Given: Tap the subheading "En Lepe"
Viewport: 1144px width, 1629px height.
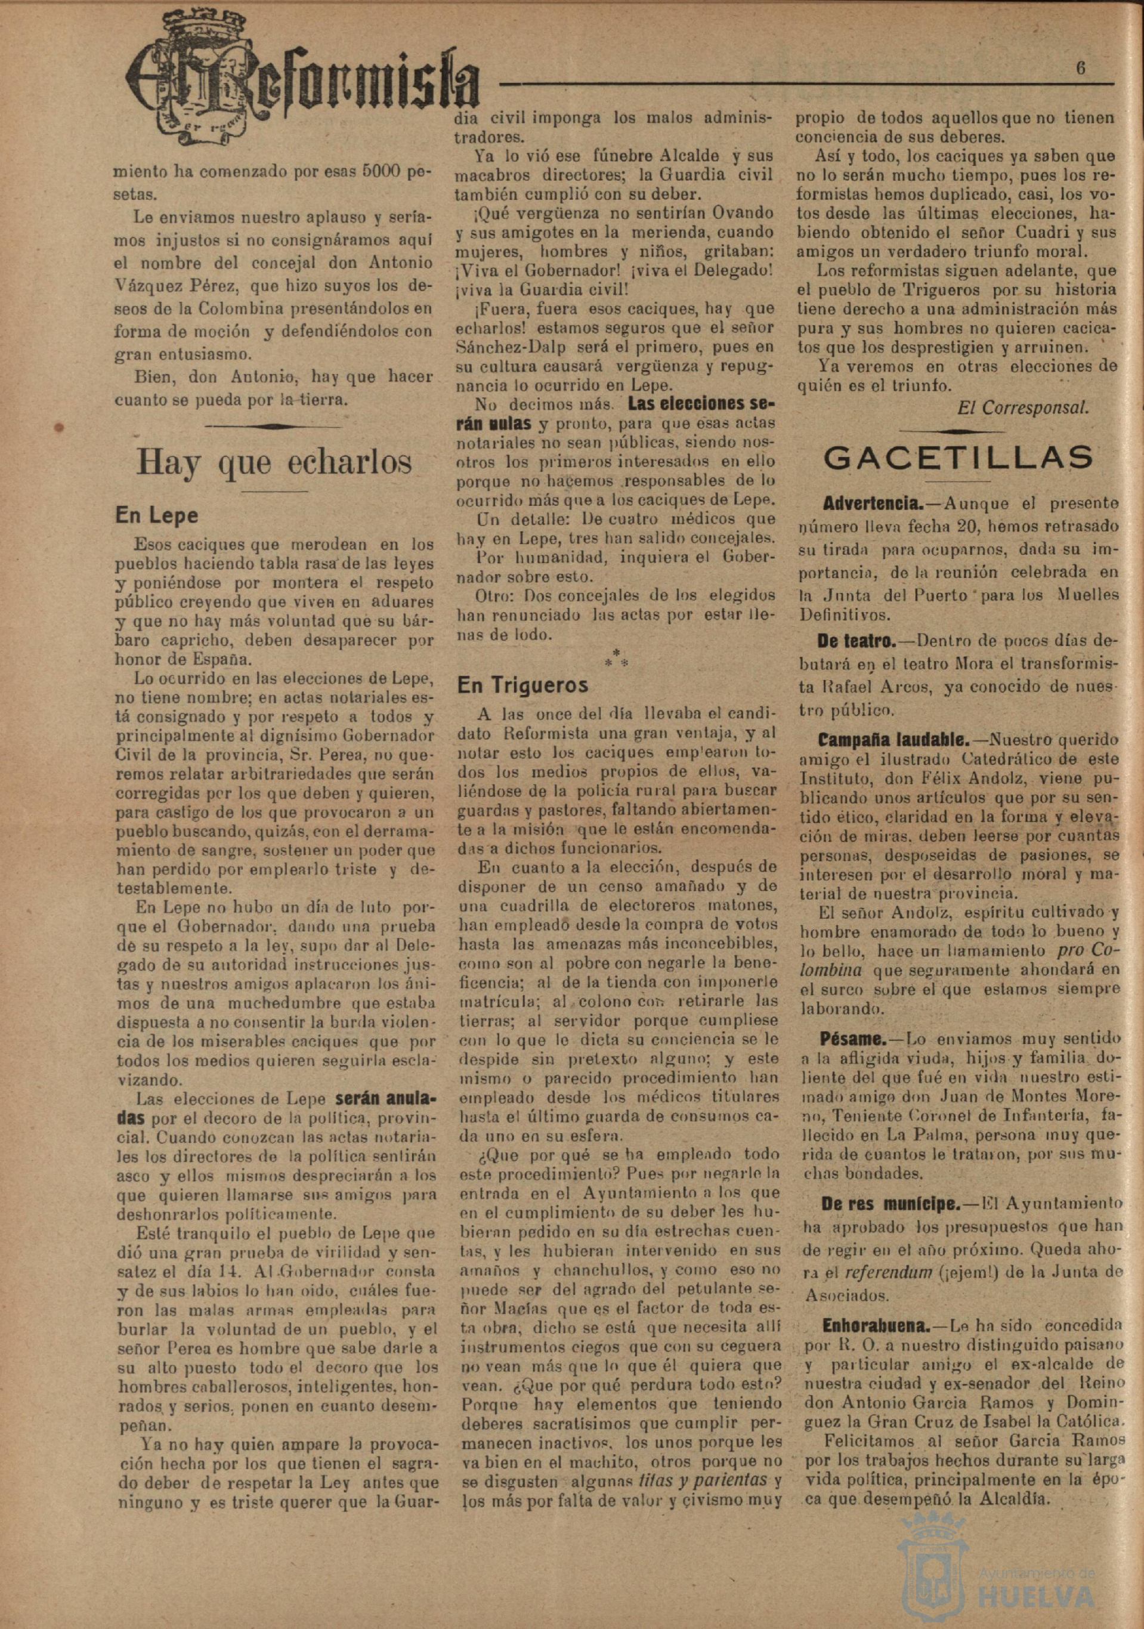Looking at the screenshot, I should point(156,516).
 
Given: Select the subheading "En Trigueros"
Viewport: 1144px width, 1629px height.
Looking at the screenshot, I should point(522,685).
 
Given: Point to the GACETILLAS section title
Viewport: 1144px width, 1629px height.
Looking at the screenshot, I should point(958,458).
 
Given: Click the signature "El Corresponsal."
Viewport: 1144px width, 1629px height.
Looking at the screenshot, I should point(1023,408).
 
